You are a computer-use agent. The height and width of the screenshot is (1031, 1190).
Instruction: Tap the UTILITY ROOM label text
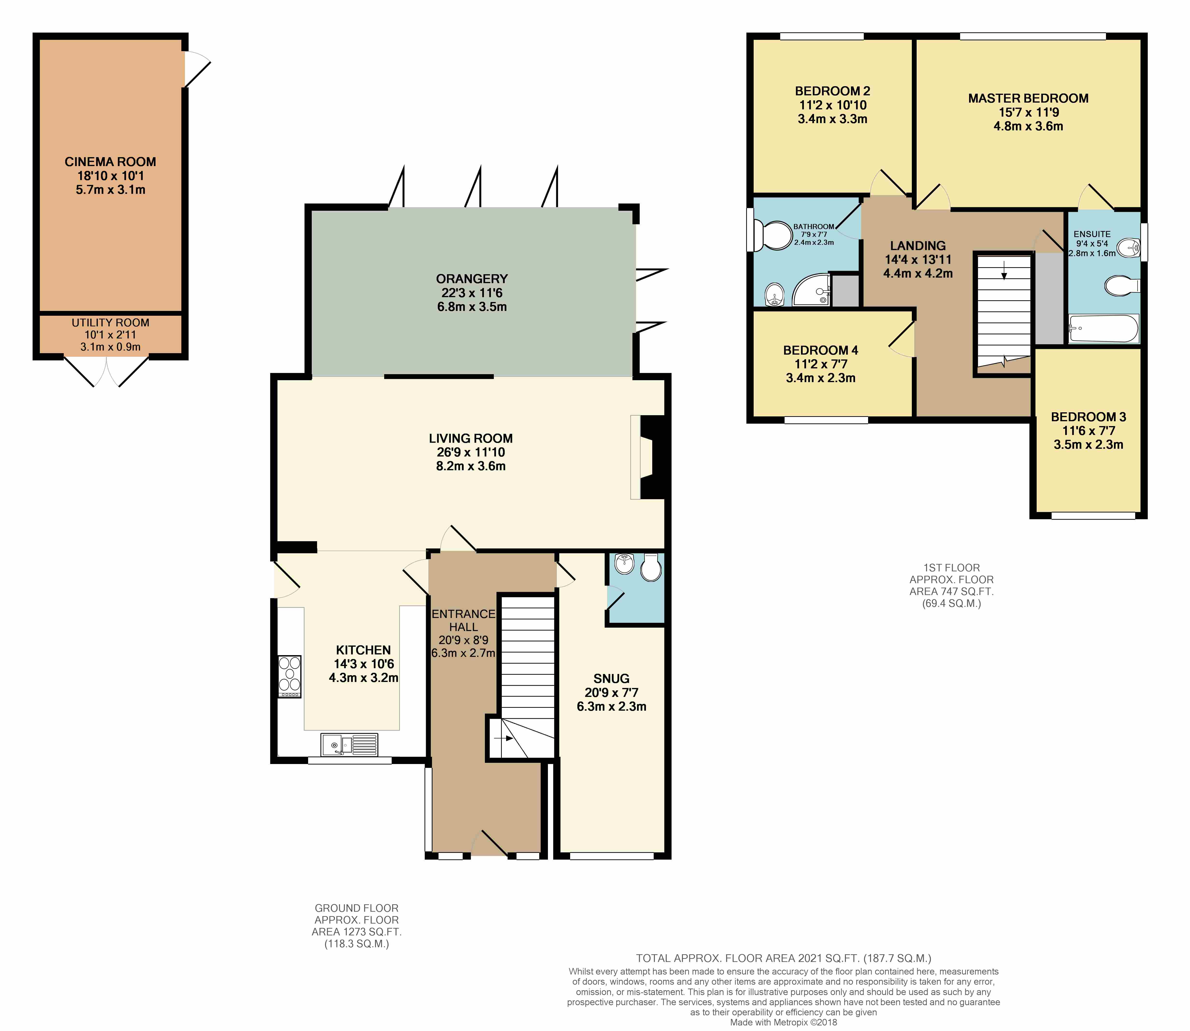[111, 323]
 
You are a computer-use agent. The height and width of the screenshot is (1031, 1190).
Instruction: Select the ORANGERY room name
[472, 279]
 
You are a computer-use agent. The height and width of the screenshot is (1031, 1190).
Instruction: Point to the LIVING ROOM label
[471, 438]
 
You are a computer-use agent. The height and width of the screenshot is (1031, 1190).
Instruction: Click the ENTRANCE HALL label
[463, 620]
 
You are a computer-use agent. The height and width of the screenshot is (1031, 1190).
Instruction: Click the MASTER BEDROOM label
[1028, 98]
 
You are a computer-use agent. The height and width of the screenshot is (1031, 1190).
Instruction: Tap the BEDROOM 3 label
[1088, 417]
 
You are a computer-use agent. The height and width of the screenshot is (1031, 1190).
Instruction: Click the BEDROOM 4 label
[821, 350]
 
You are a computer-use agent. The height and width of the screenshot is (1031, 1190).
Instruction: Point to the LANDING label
[918, 246]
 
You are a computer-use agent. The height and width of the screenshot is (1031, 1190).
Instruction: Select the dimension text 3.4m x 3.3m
[832, 119]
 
